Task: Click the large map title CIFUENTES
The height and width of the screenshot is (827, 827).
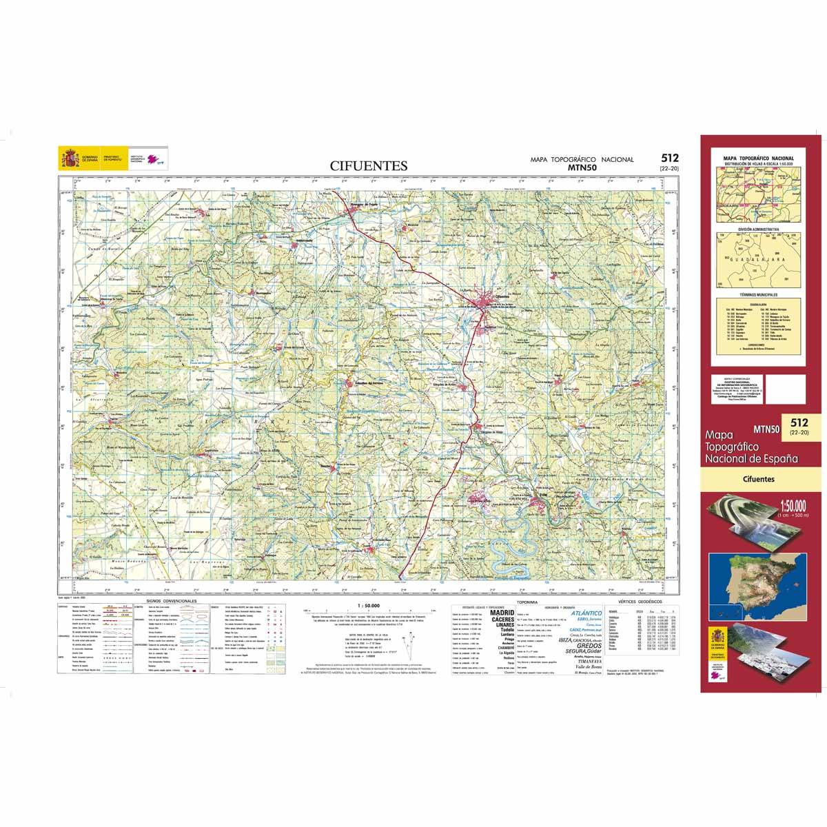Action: (x=369, y=165)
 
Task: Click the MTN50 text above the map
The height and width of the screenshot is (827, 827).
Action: (x=582, y=167)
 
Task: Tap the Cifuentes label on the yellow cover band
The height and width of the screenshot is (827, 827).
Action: (x=759, y=478)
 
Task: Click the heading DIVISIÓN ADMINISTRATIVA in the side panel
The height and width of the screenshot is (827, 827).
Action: (x=758, y=228)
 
